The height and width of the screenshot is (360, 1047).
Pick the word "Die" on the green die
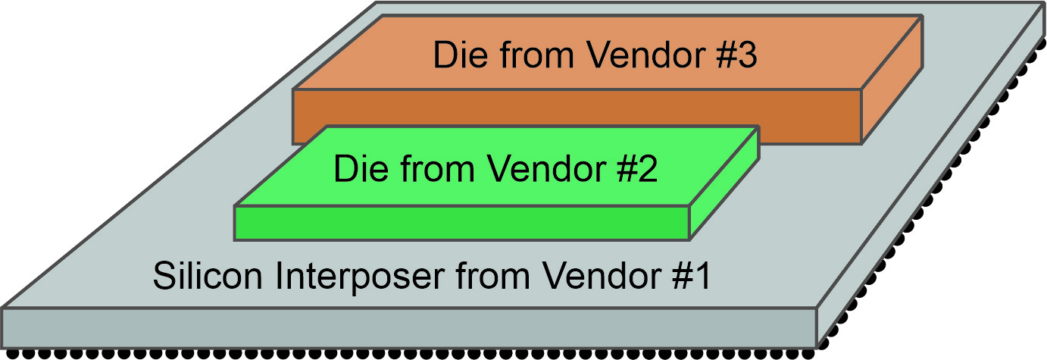358,169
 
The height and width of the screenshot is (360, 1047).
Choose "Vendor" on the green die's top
539,169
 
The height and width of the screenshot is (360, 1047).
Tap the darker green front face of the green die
462,223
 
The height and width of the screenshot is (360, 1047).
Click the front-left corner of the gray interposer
4,309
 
